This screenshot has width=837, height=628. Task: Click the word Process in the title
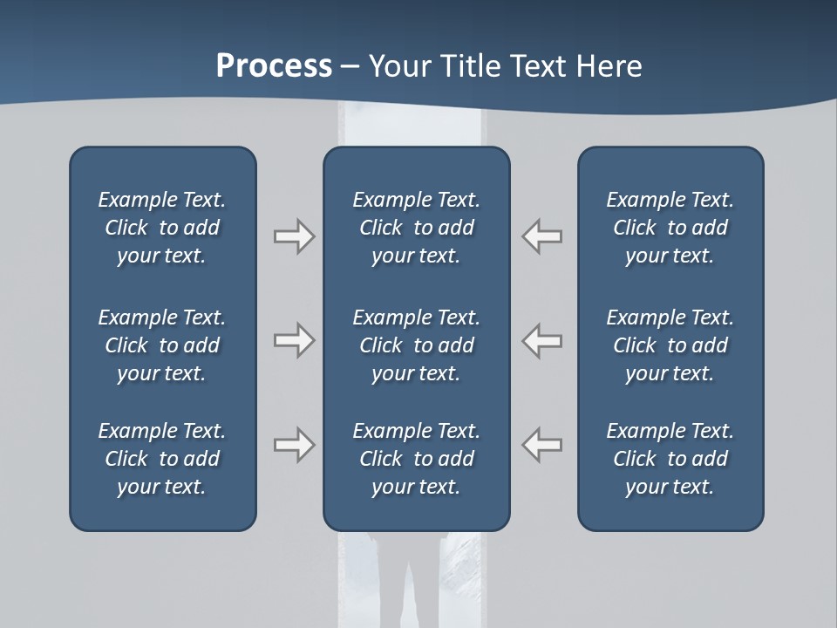[x=274, y=66]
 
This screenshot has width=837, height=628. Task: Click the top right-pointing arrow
[x=294, y=236]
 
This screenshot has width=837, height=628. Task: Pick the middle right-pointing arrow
[x=294, y=340]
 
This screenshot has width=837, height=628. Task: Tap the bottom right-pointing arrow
[x=294, y=445]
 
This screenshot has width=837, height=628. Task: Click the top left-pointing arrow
[x=541, y=236]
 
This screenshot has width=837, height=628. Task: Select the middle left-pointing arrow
[x=541, y=340]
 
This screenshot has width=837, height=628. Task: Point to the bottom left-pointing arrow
[x=541, y=445]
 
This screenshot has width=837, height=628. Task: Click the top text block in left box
[x=162, y=228]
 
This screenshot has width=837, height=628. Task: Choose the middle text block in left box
[x=162, y=345]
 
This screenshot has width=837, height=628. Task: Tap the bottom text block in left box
[x=162, y=459]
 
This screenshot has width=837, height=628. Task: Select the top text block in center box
[x=416, y=228]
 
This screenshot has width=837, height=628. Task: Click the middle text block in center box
[x=416, y=345]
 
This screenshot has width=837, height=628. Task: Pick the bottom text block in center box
[x=416, y=459]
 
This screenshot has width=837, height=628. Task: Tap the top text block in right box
[x=670, y=228]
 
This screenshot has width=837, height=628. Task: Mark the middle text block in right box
[x=670, y=345]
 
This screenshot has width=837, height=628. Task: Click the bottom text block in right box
[x=670, y=459]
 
